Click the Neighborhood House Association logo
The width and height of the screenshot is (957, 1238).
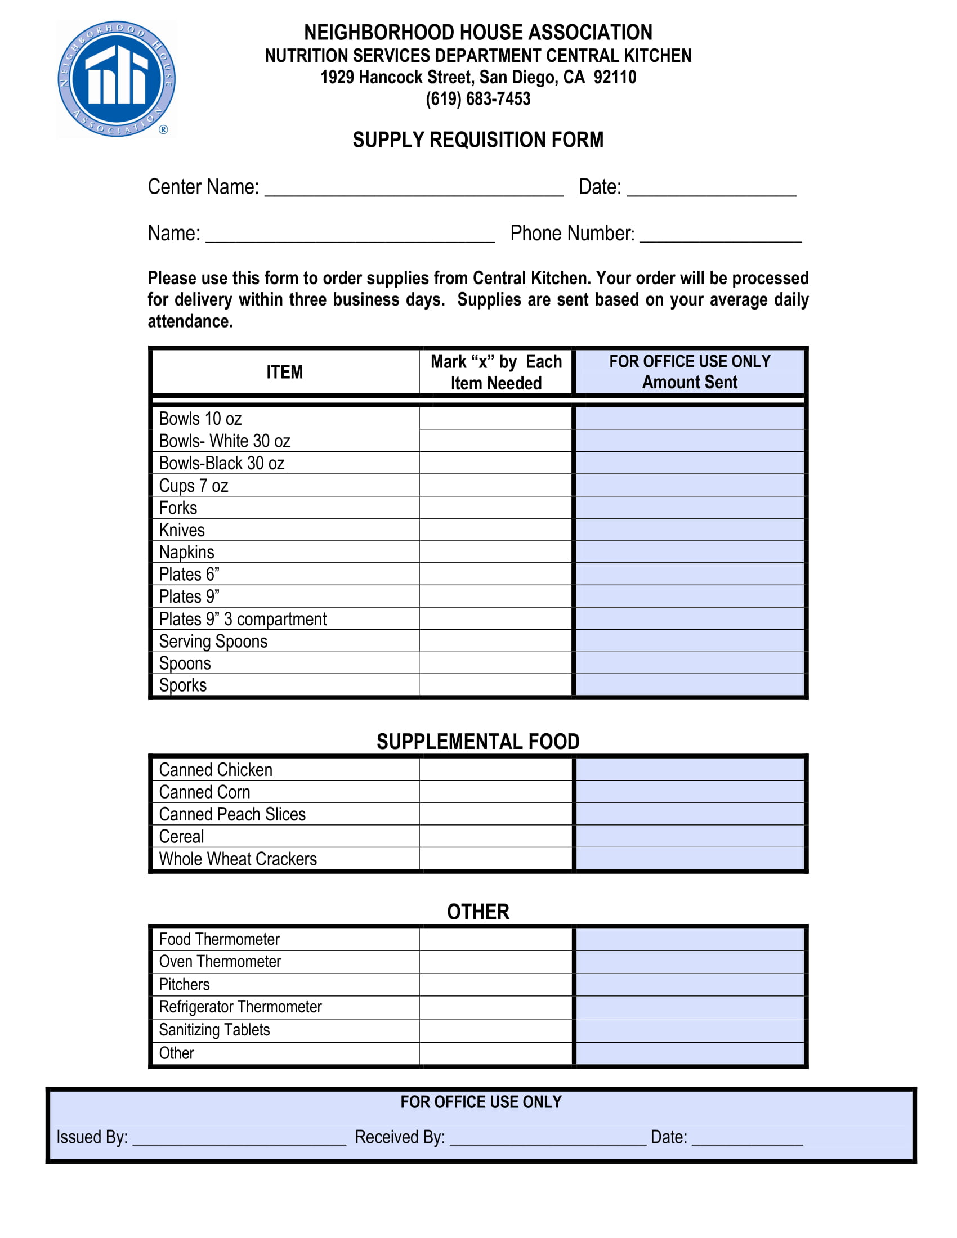click(116, 79)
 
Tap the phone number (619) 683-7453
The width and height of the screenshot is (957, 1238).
click(478, 99)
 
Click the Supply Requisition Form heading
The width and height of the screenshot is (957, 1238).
click(478, 140)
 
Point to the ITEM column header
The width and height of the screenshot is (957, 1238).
click(285, 372)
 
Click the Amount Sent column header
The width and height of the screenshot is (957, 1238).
click(690, 372)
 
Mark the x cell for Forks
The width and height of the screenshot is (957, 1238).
click(495, 508)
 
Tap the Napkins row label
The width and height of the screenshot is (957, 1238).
click(186, 552)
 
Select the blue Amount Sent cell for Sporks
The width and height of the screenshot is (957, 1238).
click(690, 685)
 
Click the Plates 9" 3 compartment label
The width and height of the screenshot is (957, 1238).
click(243, 619)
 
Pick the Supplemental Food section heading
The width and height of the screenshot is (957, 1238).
click(478, 742)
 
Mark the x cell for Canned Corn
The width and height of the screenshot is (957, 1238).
click(495, 792)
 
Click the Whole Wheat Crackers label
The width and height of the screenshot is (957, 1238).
click(238, 859)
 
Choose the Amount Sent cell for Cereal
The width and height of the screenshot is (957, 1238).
click(690, 836)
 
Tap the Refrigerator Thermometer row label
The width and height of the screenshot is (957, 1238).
click(240, 1007)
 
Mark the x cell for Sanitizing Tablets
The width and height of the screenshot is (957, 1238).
click(495, 1030)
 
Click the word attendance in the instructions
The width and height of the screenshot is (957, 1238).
click(190, 321)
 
